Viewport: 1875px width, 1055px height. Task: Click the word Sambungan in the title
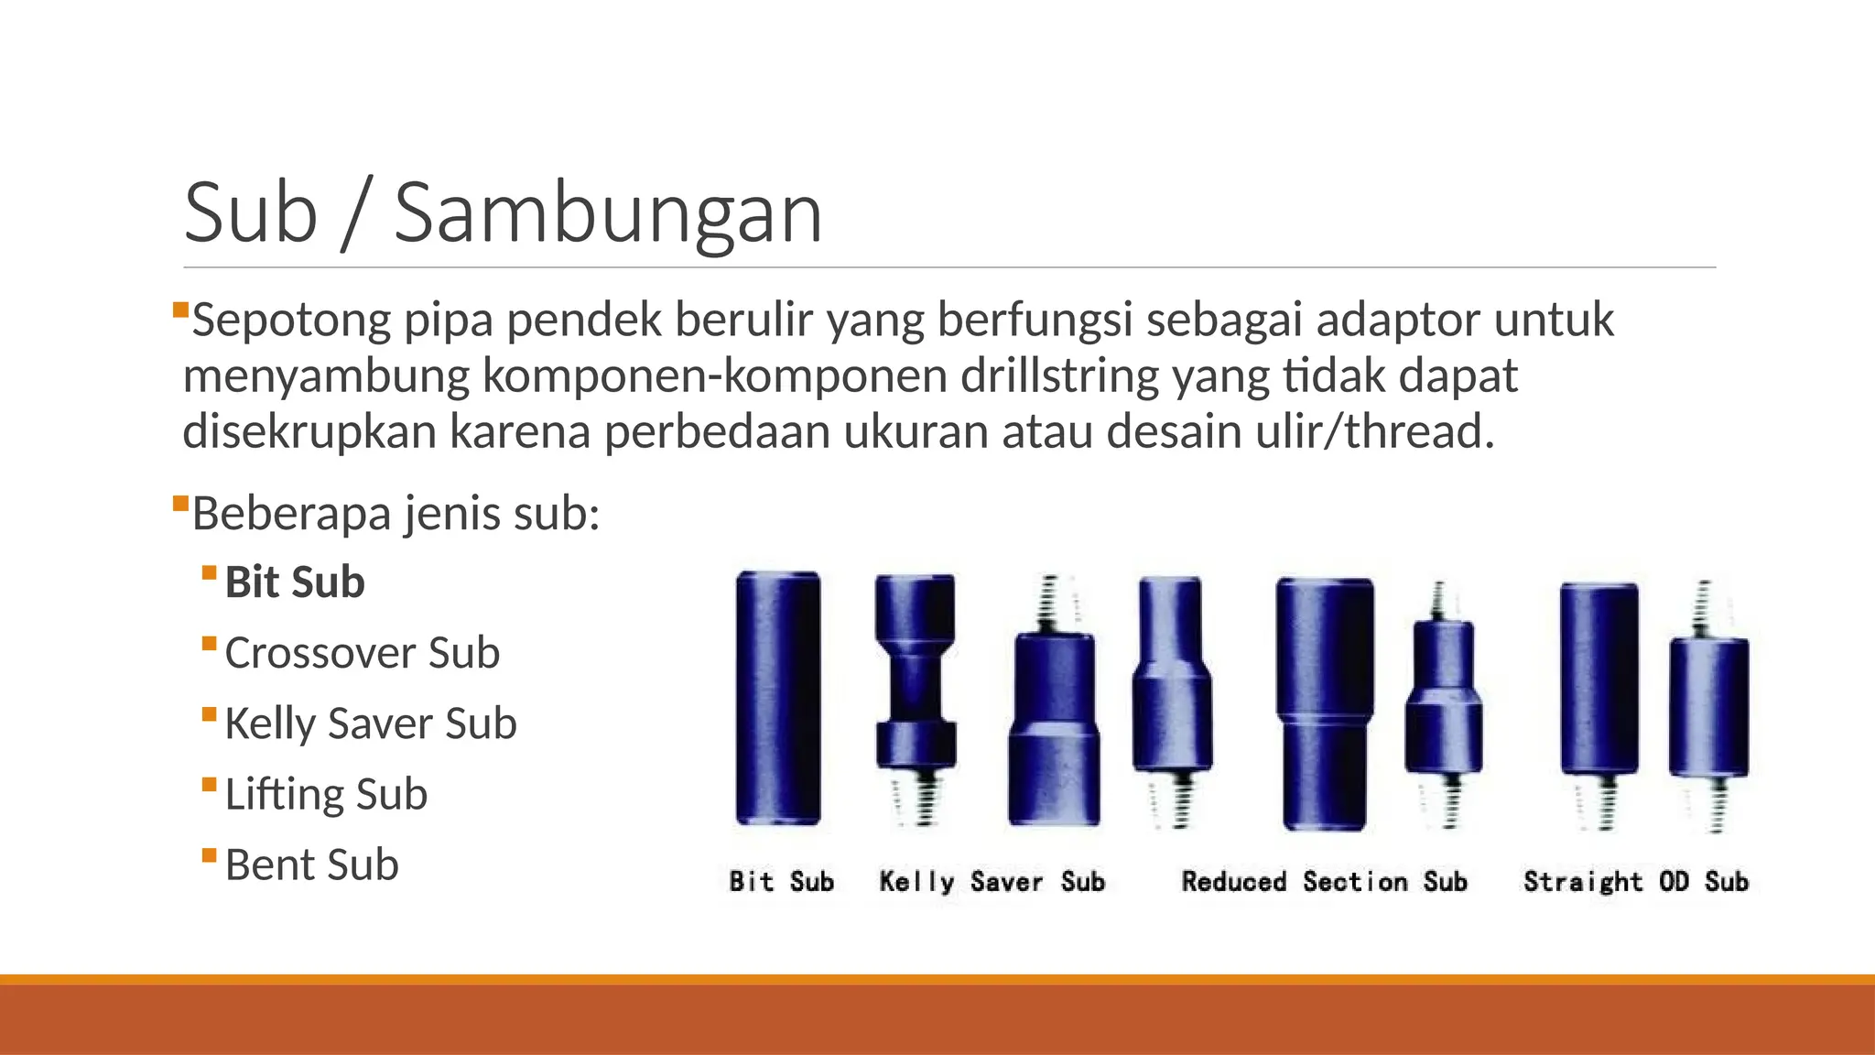[x=608, y=213]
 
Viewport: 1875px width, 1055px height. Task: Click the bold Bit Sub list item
[x=295, y=582]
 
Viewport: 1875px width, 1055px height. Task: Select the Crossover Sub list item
[x=362, y=653]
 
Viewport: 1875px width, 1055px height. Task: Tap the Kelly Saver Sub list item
[x=370, y=723]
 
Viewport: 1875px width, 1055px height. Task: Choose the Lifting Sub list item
[x=326, y=794]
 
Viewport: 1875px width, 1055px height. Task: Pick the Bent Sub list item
[x=311, y=865]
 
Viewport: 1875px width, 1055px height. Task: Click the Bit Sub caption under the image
[x=781, y=881]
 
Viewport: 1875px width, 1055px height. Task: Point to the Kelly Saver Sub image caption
[x=992, y=881]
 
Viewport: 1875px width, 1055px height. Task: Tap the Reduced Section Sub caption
[x=1324, y=881]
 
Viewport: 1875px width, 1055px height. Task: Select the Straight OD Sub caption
[x=1636, y=881]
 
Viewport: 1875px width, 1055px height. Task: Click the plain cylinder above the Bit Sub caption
[x=778, y=698]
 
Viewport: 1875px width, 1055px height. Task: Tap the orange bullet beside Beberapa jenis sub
[x=180, y=502]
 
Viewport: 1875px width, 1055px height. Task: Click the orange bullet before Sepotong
[x=180, y=310]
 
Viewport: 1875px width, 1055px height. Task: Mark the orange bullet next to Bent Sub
[x=210, y=855]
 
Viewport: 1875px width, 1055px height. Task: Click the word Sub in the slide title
[x=251, y=213]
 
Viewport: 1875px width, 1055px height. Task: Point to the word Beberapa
[x=291, y=513]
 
